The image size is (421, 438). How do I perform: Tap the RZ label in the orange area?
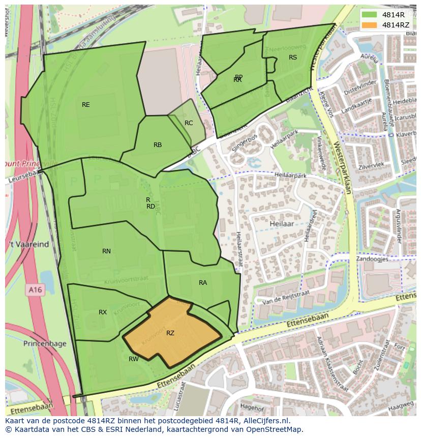(170, 333)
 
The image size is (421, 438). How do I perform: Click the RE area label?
(86, 105)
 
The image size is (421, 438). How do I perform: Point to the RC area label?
(189, 123)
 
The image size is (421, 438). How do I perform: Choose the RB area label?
(158, 145)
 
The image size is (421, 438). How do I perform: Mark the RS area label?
(293, 57)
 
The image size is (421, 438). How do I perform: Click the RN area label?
(106, 251)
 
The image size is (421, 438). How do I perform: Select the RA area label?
(203, 283)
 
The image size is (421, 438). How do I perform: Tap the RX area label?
(103, 312)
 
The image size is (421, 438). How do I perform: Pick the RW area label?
(133, 359)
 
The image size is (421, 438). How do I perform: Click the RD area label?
(151, 207)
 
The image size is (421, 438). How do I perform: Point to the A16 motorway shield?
(35, 289)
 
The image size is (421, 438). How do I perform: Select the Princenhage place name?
(45, 343)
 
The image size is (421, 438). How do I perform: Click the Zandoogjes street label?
(372, 259)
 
